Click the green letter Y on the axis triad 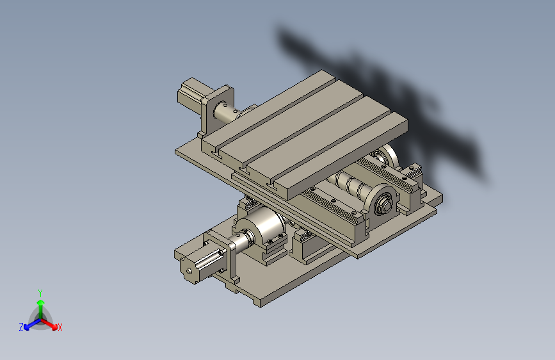40,293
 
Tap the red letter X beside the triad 60,327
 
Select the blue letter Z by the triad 21,327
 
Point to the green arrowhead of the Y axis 41,302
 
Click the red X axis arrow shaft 48,323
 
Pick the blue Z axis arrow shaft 35,323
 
